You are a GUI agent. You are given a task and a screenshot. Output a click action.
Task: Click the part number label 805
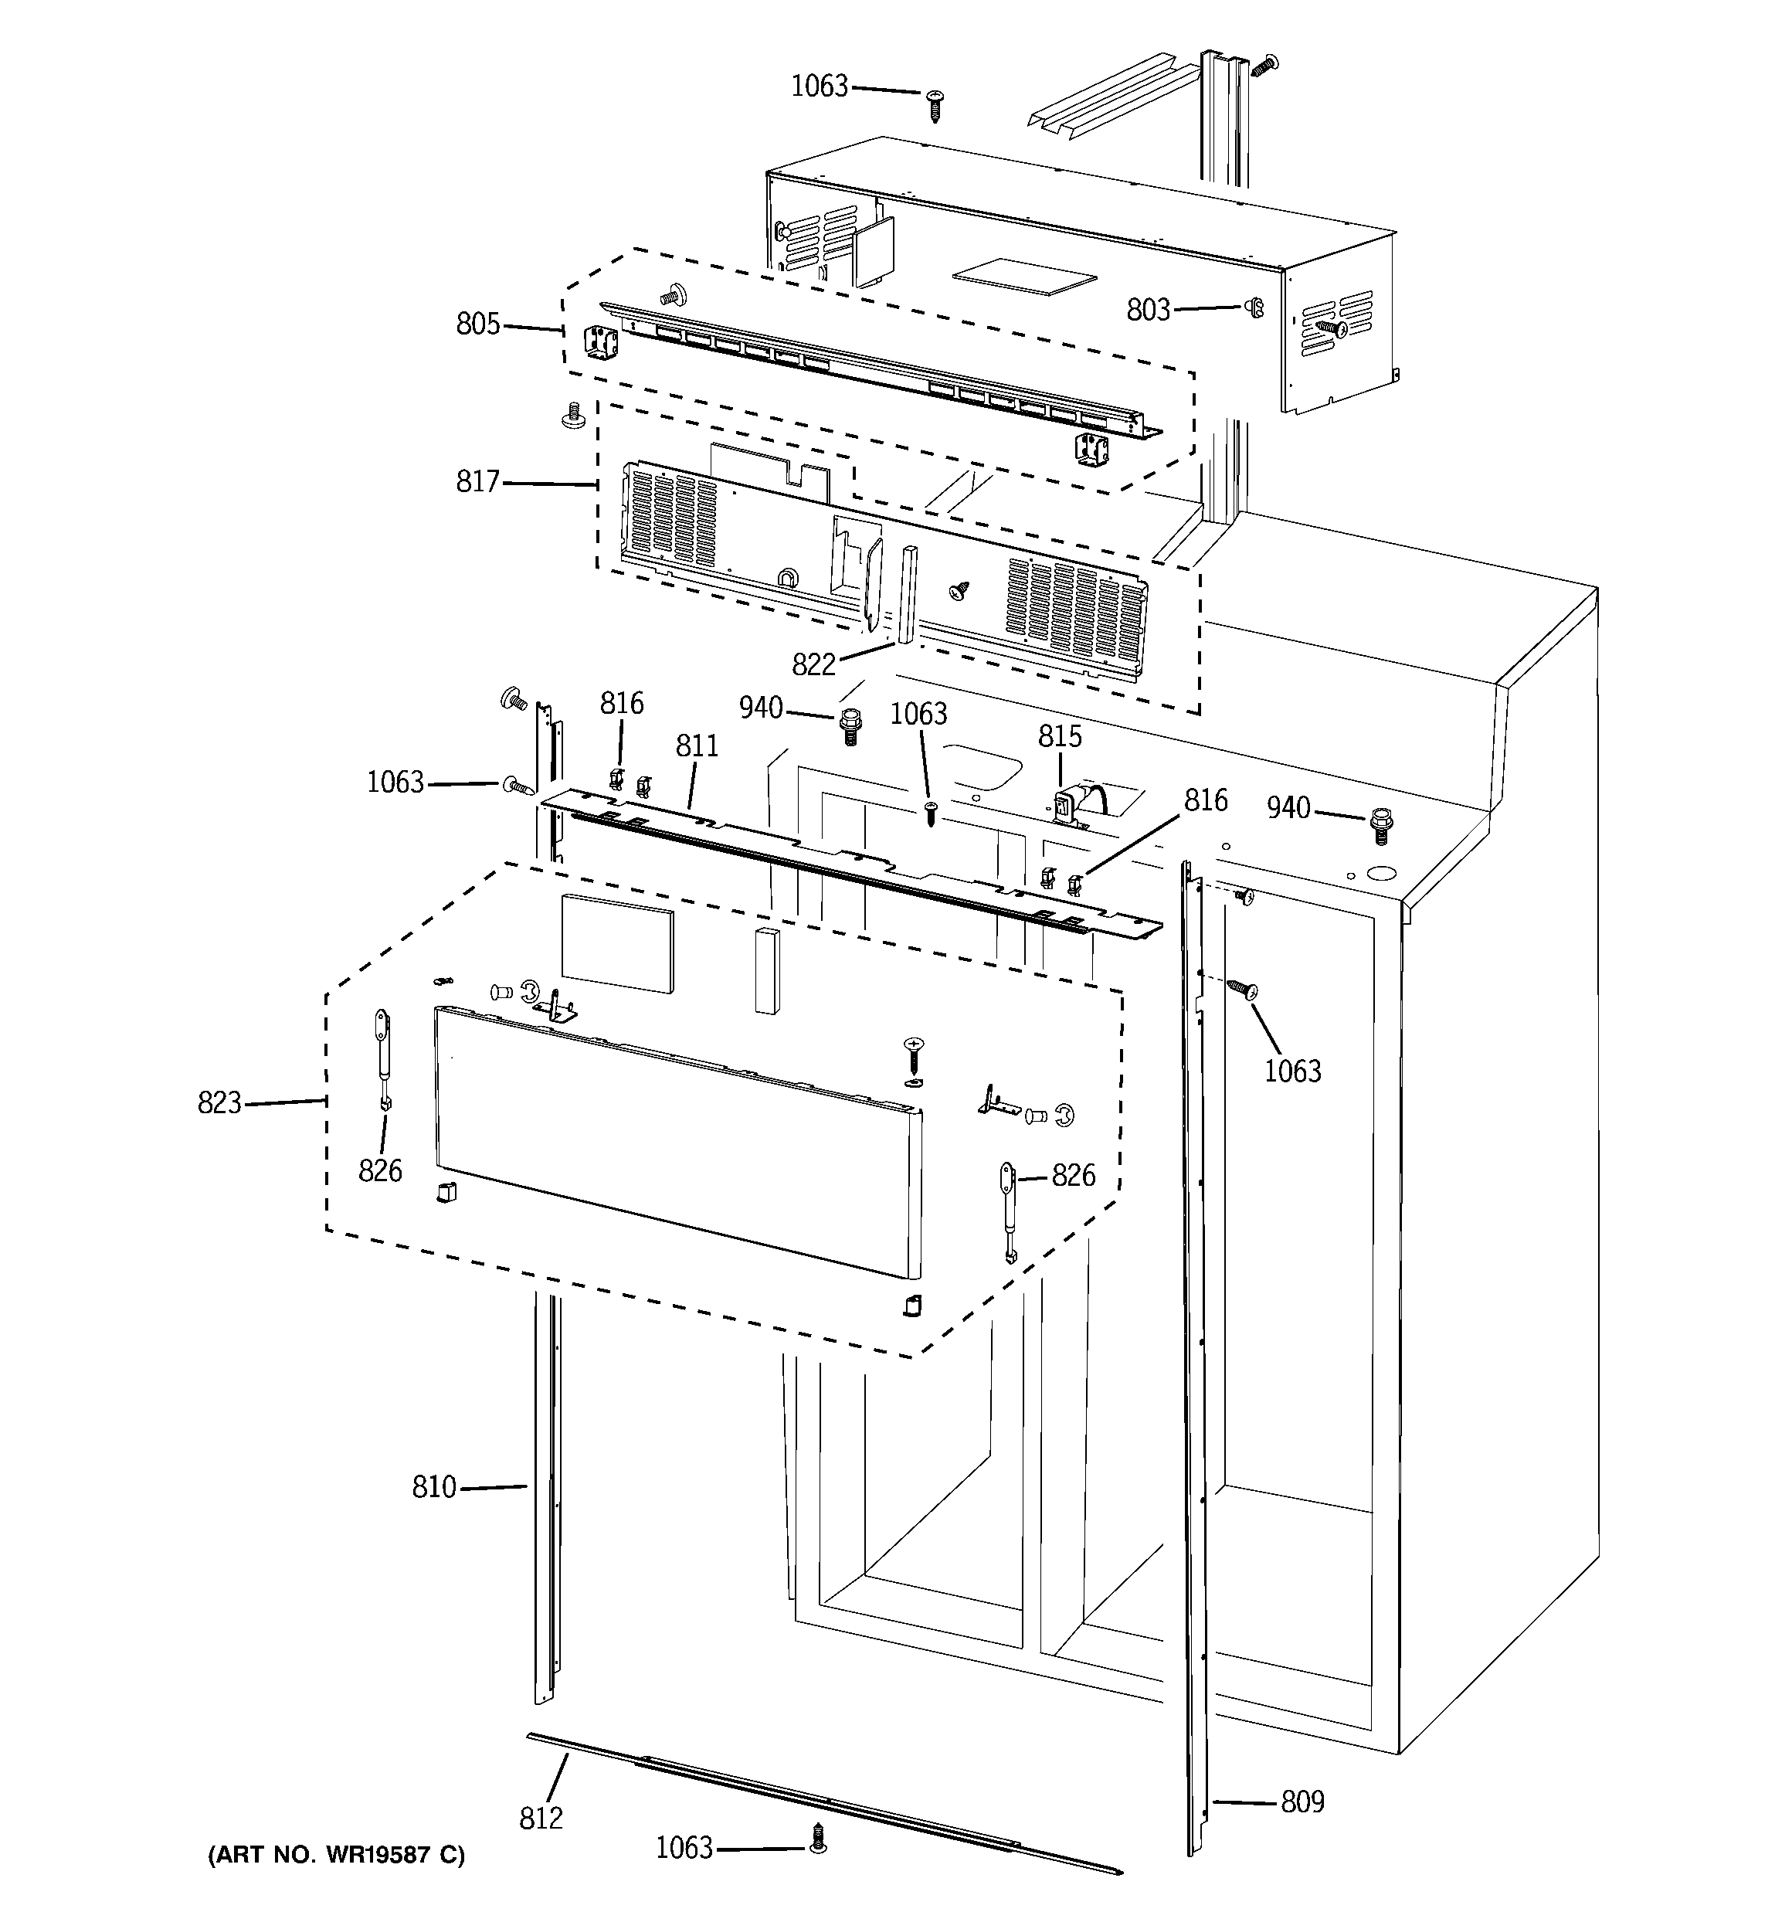tap(478, 324)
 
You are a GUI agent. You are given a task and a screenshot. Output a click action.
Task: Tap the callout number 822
tap(814, 664)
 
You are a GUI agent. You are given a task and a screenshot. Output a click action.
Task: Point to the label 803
tap(1149, 310)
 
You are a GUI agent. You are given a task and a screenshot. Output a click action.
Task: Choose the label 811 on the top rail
tap(697, 745)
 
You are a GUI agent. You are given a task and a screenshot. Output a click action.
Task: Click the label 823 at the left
tap(219, 1102)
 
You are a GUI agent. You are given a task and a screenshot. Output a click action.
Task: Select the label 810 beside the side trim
tap(434, 1487)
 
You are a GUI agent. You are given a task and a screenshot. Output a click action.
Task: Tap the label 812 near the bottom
tap(541, 1818)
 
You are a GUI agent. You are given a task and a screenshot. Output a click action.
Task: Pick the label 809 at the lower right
tap(1302, 1802)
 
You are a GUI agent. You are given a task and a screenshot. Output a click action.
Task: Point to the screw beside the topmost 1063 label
tap(935, 103)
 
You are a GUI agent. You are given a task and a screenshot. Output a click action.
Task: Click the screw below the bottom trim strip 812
tap(819, 1841)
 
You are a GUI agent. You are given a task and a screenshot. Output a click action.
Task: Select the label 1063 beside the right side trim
tap(1291, 1071)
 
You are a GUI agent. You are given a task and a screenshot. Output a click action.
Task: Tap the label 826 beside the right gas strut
tap(1074, 1175)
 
